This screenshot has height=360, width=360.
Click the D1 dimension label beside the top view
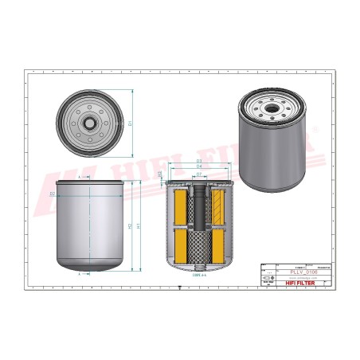click(130, 122)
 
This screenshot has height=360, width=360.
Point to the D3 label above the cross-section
click(198, 161)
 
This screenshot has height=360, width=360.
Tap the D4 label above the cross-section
click(198, 166)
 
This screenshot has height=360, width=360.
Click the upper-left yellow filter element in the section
click(178, 207)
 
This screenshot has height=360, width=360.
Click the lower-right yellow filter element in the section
click(218, 247)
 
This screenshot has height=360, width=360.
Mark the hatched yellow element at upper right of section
click(218, 207)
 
